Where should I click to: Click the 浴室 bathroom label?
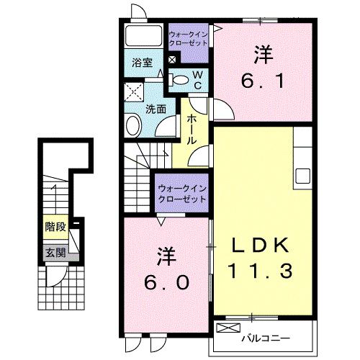[x=143, y=63]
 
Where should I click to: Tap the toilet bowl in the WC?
[x=181, y=80]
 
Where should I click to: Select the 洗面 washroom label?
[x=156, y=109]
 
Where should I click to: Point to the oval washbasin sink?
[x=133, y=125]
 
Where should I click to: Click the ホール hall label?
[x=192, y=129]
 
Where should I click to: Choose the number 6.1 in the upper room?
[x=263, y=81]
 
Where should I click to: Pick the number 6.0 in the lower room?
[x=166, y=282]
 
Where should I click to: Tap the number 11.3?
[x=261, y=271]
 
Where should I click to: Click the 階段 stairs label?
[x=55, y=227]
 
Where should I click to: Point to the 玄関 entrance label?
[x=55, y=253]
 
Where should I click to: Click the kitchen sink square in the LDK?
[x=302, y=176]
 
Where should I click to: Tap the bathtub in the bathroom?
[x=143, y=35]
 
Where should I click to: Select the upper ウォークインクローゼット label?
[x=188, y=39]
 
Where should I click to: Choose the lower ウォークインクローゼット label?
[x=182, y=194]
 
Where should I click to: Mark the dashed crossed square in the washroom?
[x=134, y=92]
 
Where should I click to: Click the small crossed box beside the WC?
[x=172, y=59]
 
